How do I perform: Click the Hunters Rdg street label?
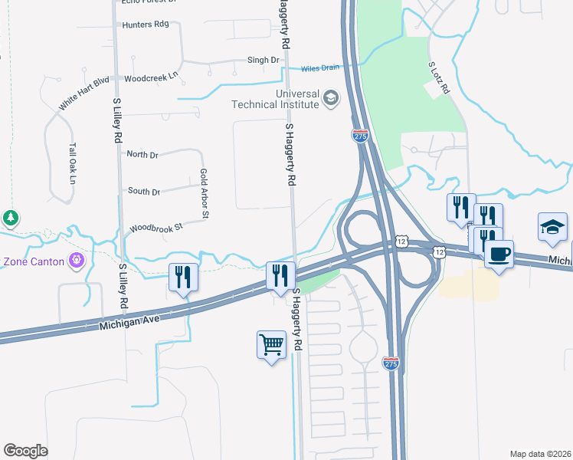(x=145, y=25)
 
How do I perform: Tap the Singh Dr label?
(x=263, y=60)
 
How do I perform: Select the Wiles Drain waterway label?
(x=319, y=67)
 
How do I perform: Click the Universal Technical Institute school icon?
(x=331, y=97)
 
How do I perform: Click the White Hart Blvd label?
(x=85, y=91)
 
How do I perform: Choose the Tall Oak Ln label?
(x=73, y=164)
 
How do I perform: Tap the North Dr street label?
(x=142, y=155)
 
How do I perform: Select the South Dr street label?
(x=143, y=192)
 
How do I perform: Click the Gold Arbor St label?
(x=204, y=194)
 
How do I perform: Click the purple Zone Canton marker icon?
(x=76, y=261)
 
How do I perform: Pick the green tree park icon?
(x=11, y=219)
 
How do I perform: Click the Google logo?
(x=25, y=451)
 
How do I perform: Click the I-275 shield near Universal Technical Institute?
(x=361, y=136)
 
